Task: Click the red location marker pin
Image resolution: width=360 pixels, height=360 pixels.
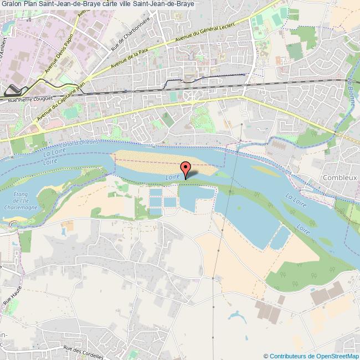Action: pyautogui.click(x=186, y=168)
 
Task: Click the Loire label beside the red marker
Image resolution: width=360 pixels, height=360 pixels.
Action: pyautogui.click(x=172, y=176)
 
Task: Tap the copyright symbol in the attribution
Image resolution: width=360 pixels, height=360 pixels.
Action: pyautogui.click(x=266, y=356)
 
